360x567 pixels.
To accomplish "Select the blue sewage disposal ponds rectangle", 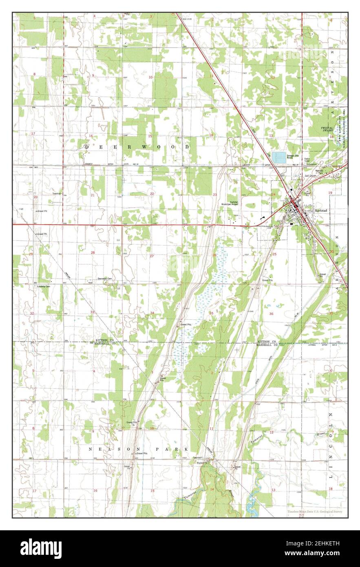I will pos(279,157).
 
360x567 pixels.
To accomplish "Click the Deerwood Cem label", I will pos(104,279).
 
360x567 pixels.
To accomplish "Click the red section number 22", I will pos(152,194).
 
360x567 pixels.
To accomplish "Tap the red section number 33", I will pos(93,312).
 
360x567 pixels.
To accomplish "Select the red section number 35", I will pos(211,313).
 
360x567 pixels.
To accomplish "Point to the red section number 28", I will pos(93,253).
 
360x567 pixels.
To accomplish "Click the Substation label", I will pos(323,165).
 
